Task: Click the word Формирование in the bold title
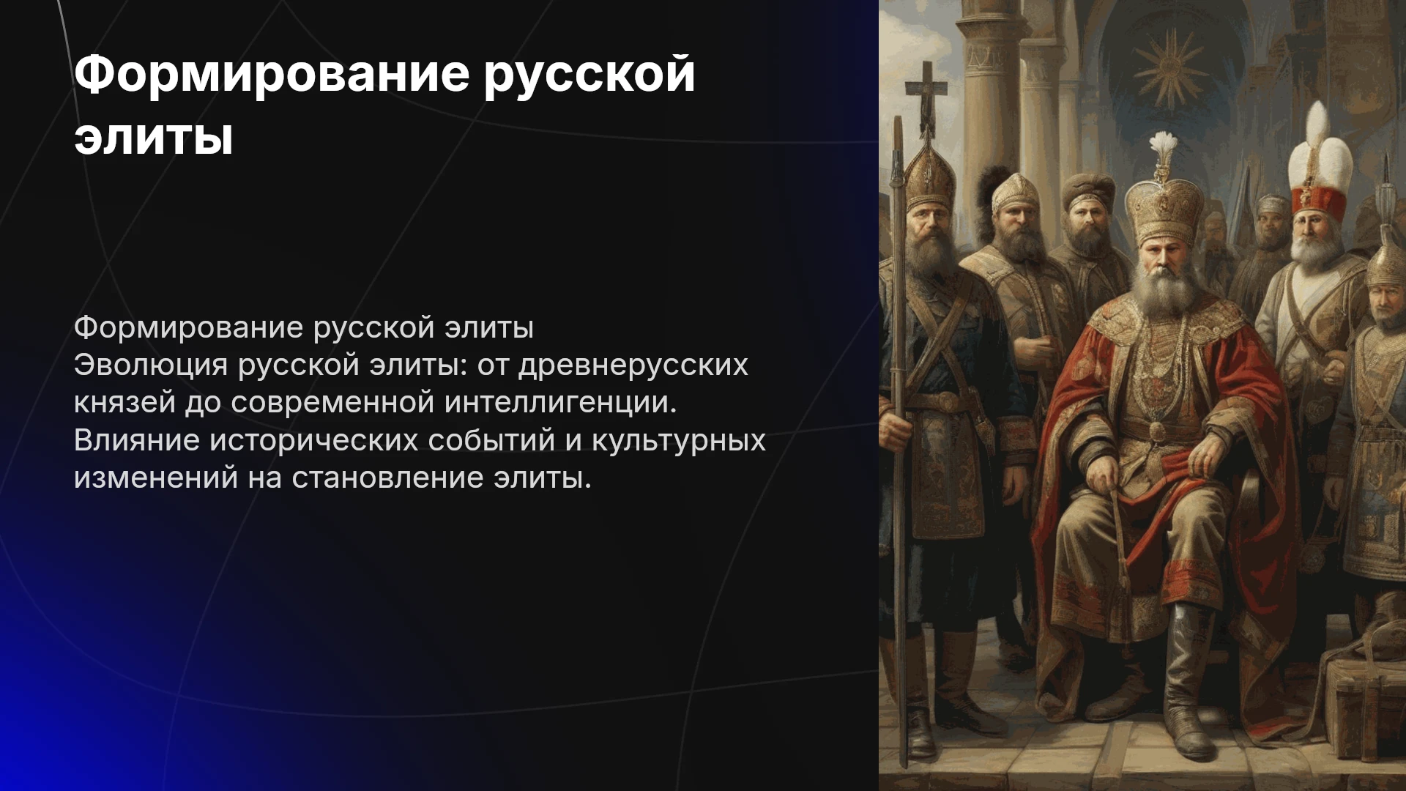tap(271, 74)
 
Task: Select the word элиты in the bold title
tap(154, 137)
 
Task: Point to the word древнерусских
tap(633, 365)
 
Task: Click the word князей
tap(124, 403)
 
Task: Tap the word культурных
tap(678, 441)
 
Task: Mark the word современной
tap(332, 403)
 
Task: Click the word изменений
tap(155, 478)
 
